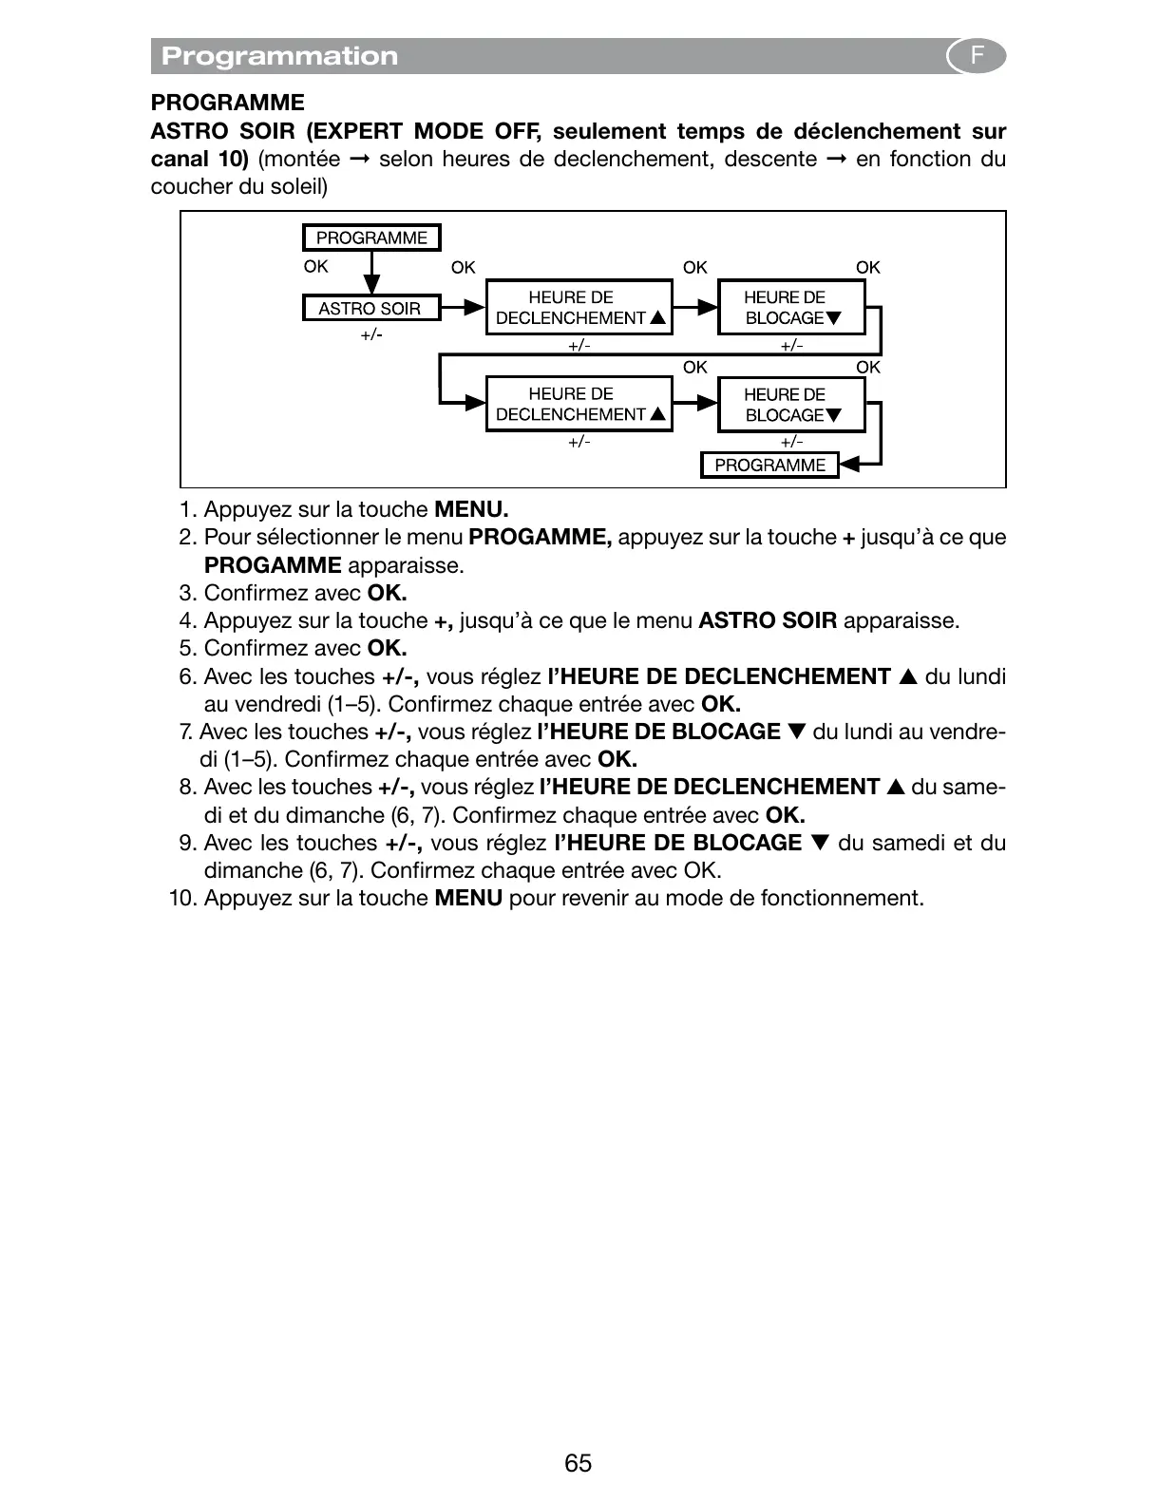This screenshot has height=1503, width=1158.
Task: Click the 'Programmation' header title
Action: tap(279, 56)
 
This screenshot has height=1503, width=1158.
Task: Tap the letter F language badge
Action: tap(976, 56)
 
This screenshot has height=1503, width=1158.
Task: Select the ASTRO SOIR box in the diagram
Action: tap(370, 308)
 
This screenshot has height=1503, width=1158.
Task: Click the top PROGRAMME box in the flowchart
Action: tap(371, 238)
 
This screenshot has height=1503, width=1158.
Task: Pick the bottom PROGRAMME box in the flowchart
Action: tap(769, 465)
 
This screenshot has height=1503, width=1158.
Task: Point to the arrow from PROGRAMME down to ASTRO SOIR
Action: tap(371, 276)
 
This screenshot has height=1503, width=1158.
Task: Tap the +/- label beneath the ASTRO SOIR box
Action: tap(371, 334)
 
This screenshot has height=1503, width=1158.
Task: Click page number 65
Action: tap(578, 1463)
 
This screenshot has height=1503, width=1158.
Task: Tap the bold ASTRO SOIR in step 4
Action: tap(768, 620)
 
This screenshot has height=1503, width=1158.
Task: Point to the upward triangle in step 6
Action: tap(908, 676)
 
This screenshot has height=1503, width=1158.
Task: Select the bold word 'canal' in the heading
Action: tap(177, 159)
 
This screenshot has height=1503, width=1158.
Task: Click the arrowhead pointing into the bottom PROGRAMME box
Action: tap(851, 464)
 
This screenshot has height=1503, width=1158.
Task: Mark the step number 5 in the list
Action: tap(186, 648)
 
